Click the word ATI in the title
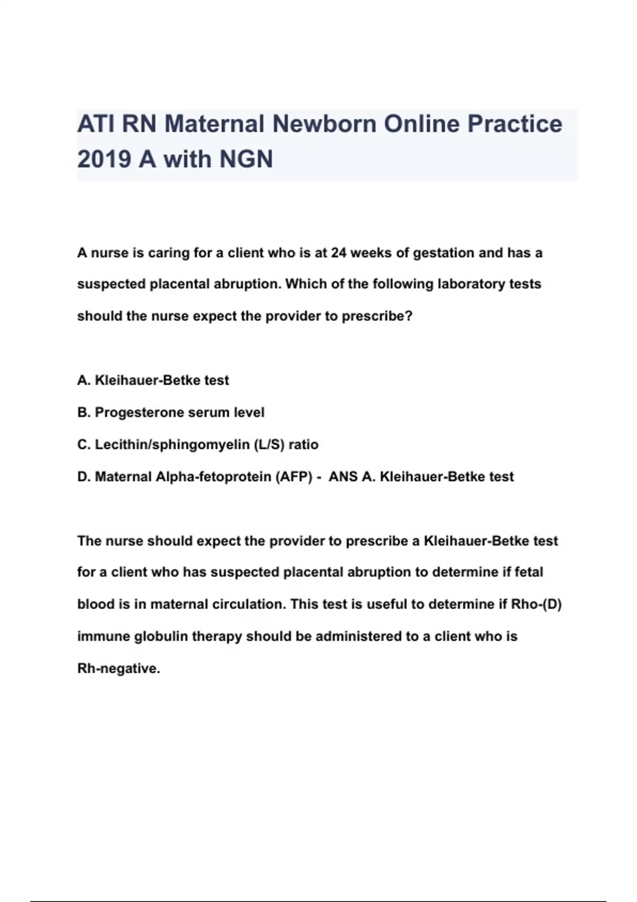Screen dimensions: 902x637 coord(97,124)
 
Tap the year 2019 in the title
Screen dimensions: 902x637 coord(104,159)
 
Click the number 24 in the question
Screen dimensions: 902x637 coord(339,253)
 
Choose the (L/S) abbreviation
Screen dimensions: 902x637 coord(269,445)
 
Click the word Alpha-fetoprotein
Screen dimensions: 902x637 coord(213,477)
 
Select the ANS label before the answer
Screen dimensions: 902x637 coord(343,477)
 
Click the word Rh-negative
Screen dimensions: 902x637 coord(118,669)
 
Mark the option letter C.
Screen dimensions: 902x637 coord(83,445)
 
